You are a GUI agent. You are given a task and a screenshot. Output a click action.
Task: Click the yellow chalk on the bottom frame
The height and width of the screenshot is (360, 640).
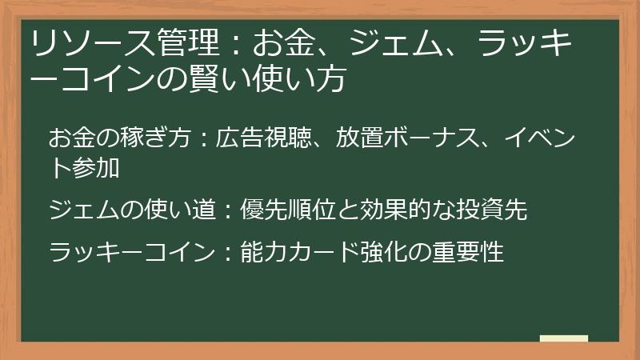(x=563, y=338)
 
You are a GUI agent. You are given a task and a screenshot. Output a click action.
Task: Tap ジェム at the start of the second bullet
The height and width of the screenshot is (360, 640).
(x=80, y=210)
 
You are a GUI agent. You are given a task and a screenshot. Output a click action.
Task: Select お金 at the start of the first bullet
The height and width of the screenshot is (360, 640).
(x=70, y=138)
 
